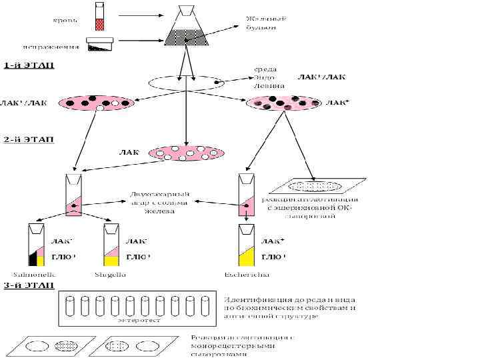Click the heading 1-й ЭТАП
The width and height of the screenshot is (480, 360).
[x=29, y=65]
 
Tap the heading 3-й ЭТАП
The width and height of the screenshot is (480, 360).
[x=29, y=286]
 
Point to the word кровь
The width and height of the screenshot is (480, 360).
[x=65, y=20]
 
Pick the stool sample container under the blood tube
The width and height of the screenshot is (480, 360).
[x=102, y=45]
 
